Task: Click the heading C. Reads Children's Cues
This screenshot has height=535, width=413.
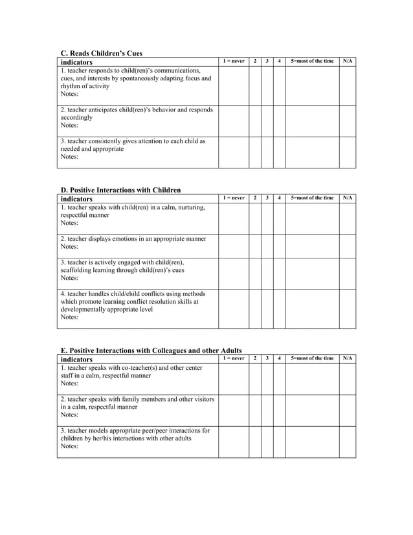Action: tap(101, 53)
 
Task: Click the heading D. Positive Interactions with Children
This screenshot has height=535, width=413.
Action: tap(120, 190)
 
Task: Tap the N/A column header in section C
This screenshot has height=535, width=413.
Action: tap(348, 62)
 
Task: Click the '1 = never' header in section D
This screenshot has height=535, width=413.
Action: tap(233, 198)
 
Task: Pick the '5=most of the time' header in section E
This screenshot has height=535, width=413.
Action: tap(312, 358)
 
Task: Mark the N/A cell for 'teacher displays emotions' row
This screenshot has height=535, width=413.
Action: tap(348, 246)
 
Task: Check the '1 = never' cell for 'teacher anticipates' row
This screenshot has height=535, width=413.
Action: tap(233, 120)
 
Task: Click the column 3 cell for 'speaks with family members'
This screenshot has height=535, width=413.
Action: tap(267, 410)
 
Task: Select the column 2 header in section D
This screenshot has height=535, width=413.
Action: tap(255, 198)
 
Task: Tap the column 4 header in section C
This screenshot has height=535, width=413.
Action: tap(279, 62)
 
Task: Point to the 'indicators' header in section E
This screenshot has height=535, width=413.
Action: tap(76, 359)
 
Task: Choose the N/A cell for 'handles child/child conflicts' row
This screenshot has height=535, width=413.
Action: tap(348, 309)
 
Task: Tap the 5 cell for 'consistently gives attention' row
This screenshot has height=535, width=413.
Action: tap(312, 152)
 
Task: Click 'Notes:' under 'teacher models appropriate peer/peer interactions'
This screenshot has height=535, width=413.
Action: tap(69, 446)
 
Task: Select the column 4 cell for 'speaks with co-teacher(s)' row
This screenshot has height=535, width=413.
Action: tap(279, 379)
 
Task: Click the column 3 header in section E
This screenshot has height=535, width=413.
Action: tap(267, 358)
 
